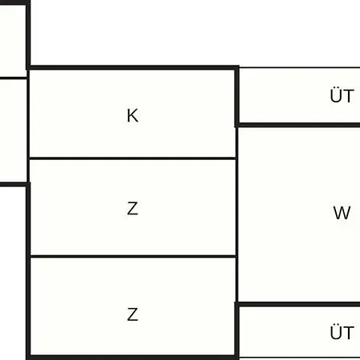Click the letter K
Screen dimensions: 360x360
[133, 115]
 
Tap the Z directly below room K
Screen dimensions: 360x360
[133, 208]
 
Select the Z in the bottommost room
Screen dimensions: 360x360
[133, 314]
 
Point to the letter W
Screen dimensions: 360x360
[342, 213]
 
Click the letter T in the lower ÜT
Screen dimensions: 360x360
[349, 332]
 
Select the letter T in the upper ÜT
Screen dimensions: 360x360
[349, 96]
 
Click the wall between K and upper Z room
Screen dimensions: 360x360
[133, 158]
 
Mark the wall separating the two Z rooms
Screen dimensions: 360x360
[133, 257]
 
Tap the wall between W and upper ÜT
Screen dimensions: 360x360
[298, 125]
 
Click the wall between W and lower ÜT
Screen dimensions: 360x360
[298, 304]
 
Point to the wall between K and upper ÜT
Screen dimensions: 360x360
[237, 97]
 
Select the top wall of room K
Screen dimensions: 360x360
[134, 67]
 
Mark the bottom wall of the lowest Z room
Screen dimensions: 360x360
[133, 358]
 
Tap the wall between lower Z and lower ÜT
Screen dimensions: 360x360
[237, 331]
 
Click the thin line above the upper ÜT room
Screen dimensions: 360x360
[299, 67]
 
